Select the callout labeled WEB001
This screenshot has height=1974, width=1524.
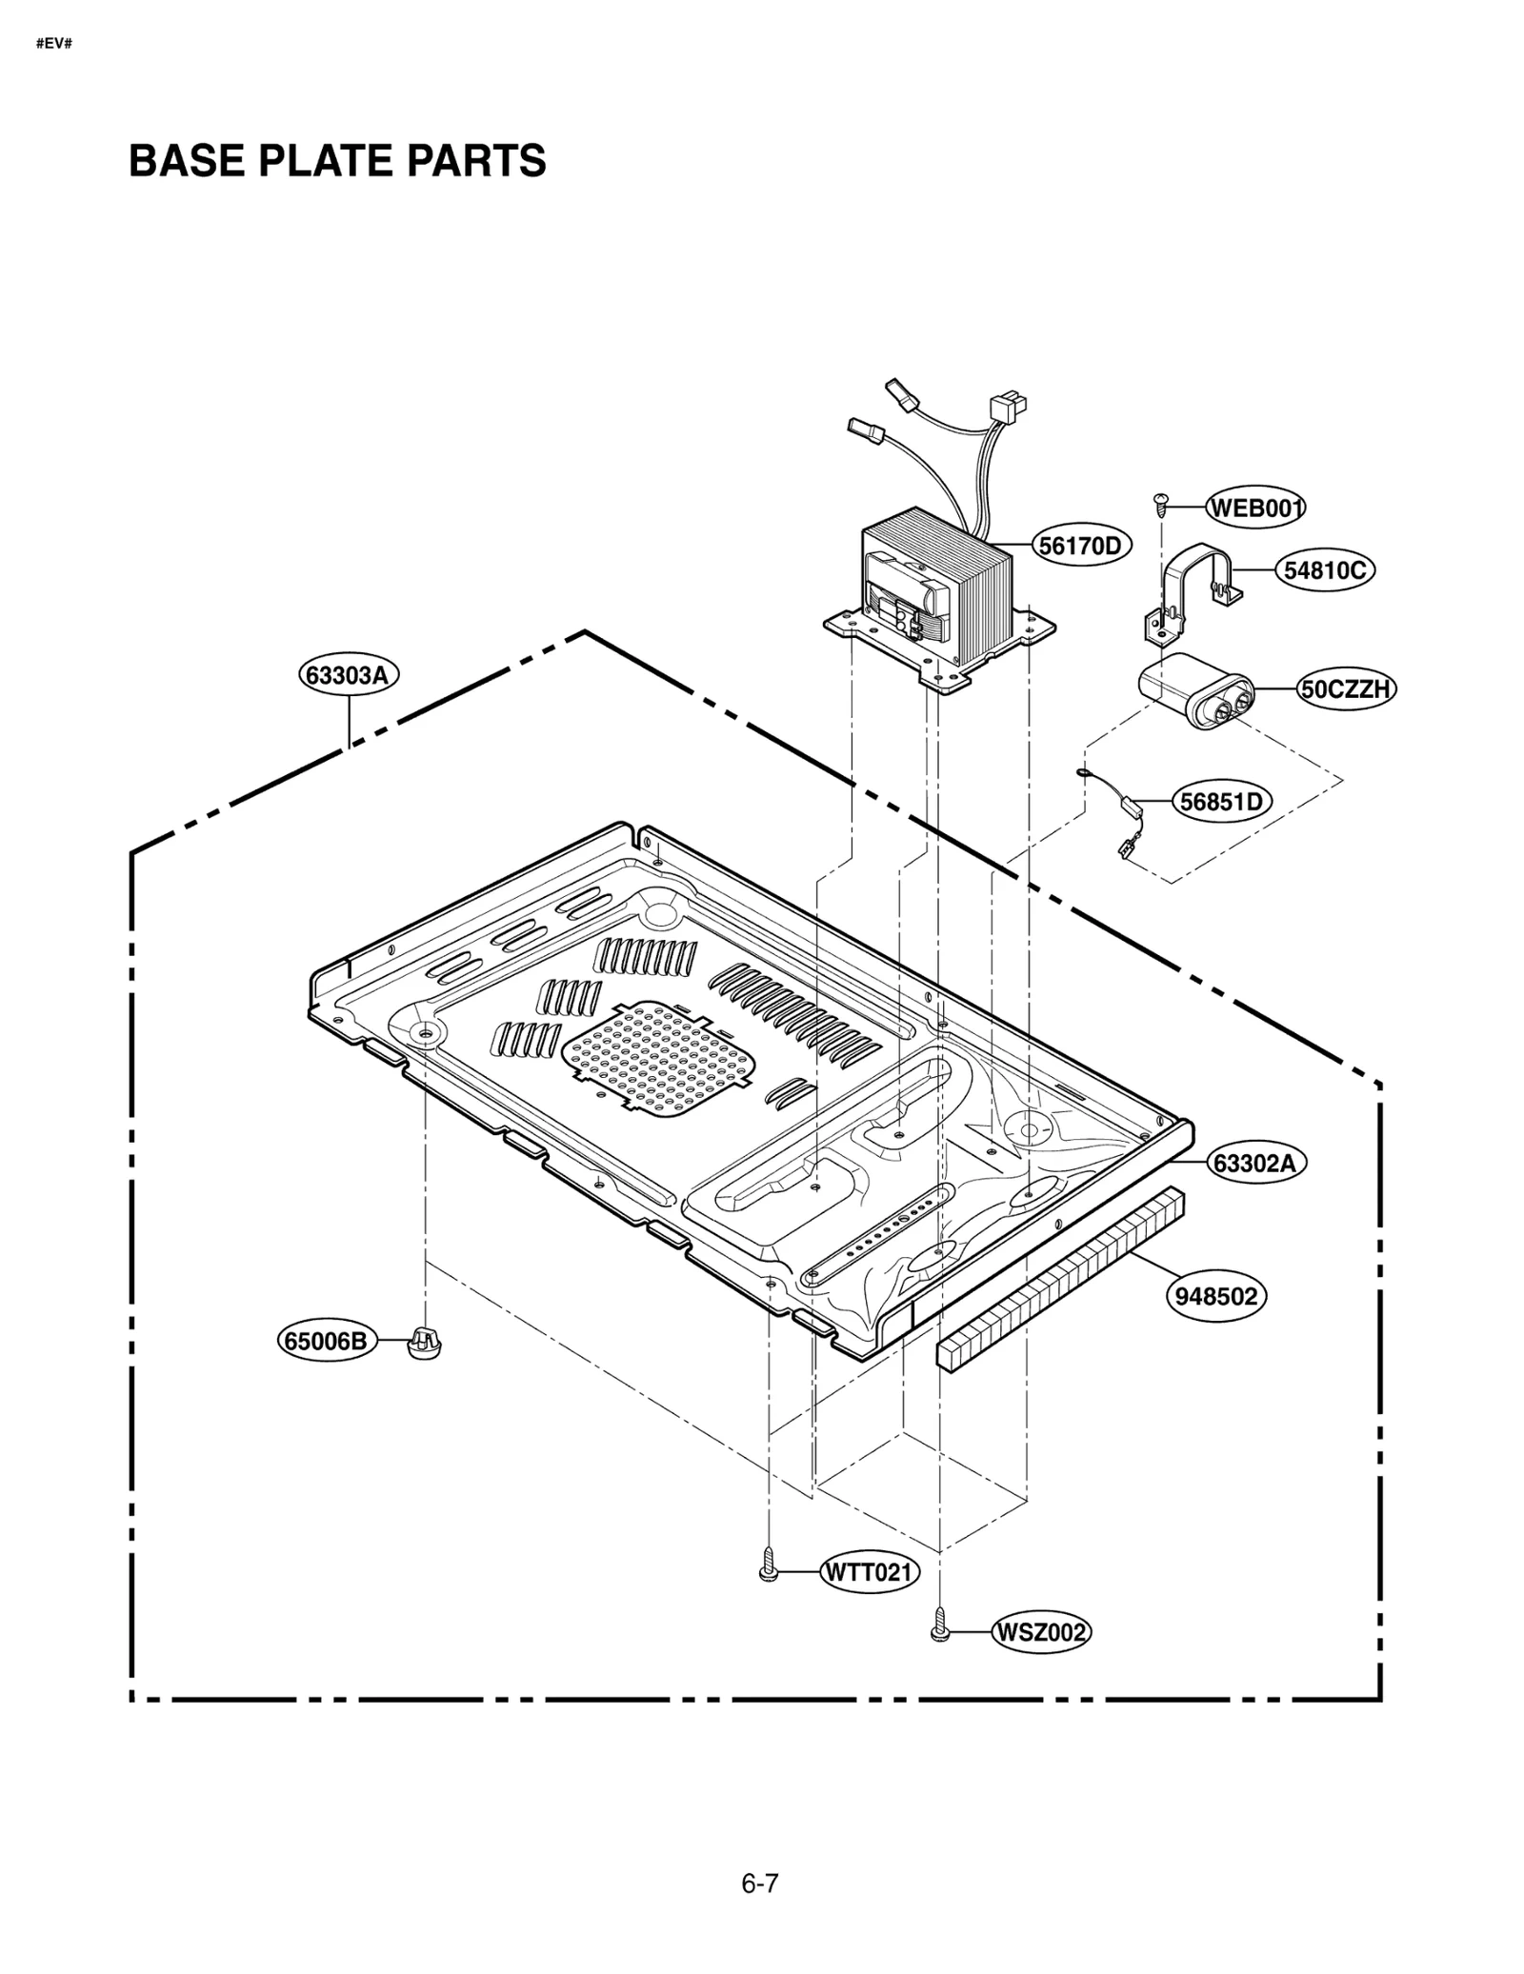(x=1255, y=508)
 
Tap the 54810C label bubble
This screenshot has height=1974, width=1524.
(x=1324, y=570)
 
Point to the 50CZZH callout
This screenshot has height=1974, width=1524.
(x=1346, y=688)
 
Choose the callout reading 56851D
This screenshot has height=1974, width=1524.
(x=1220, y=802)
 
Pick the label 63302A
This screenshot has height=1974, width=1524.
(x=1256, y=1163)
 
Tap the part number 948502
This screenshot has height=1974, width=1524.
(x=1216, y=1296)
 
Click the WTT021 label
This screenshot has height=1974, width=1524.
(x=869, y=1572)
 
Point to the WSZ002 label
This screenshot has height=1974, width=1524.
(x=1040, y=1632)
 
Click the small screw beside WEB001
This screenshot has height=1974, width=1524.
(x=1160, y=503)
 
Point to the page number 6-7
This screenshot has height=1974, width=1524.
(x=759, y=1883)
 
